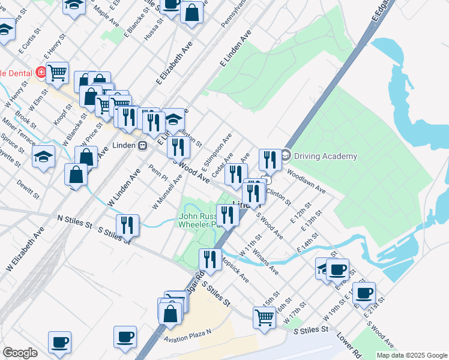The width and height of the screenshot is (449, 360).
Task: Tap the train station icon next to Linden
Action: pos(143,145)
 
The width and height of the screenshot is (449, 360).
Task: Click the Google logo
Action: pos(20,353)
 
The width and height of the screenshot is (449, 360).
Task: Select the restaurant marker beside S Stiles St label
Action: pos(127,226)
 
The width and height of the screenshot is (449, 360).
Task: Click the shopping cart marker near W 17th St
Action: pos(264,317)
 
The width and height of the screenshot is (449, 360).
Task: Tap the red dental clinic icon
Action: pos(41,73)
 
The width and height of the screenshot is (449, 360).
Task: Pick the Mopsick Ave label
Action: pos(235,271)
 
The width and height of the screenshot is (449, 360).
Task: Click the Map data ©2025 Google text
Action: pos(412,355)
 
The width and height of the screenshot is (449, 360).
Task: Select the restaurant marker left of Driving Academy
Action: pos(268,160)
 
